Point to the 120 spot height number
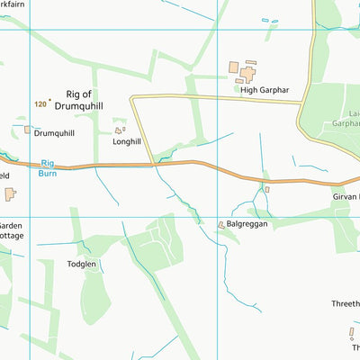(40, 104)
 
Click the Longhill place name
(127, 141)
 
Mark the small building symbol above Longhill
(119, 130)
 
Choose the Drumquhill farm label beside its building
(54, 133)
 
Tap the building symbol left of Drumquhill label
(28, 130)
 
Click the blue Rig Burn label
(48, 167)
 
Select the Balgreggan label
(249, 224)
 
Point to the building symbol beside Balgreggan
(221, 224)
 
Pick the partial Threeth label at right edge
(345, 304)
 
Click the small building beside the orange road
(266, 189)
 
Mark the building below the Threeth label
(352, 333)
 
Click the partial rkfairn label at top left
(13, 4)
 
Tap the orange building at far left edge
(10, 194)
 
